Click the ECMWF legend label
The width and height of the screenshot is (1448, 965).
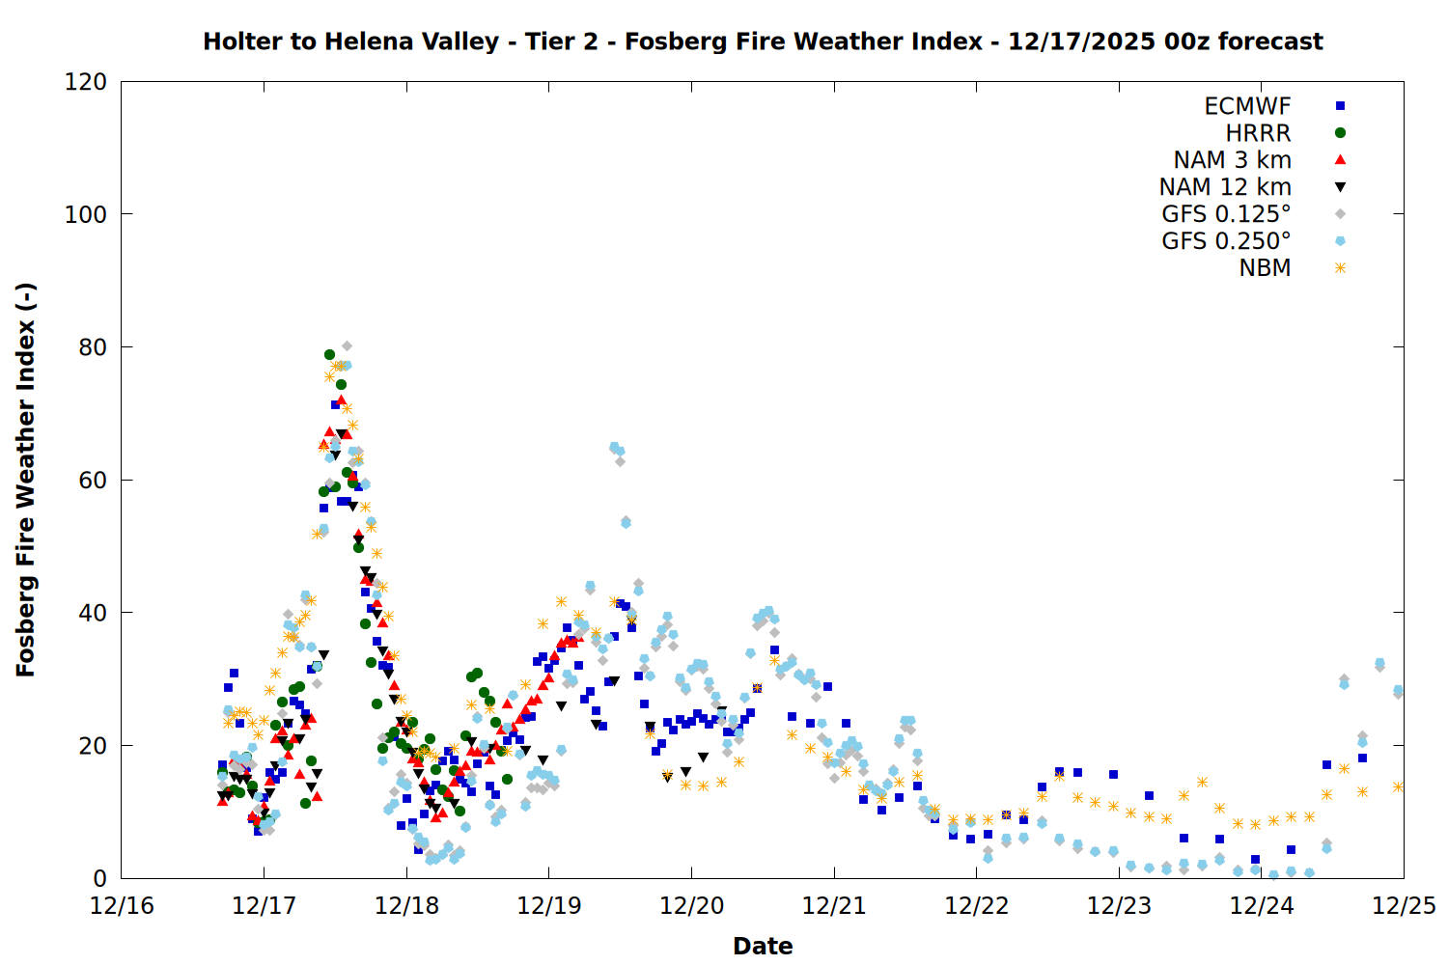(x=1247, y=106)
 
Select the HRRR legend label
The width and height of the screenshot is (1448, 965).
(x=1258, y=133)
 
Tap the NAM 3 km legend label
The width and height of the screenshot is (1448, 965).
(x=1232, y=160)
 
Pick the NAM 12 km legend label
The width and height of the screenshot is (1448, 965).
(x=1225, y=187)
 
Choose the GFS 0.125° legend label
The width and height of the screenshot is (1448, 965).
(x=1226, y=214)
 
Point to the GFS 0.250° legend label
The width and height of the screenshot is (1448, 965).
(x=1226, y=241)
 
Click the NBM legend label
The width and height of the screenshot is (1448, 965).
(x=1265, y=268)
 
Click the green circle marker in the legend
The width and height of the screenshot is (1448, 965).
(x=1340, y=133)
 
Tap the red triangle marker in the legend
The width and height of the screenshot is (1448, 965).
(x=1340, y=159)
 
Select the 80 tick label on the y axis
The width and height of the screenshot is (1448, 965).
(x=93, y=347)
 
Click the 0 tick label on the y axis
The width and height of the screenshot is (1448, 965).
(x=99, y=878)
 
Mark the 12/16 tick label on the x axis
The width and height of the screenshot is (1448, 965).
(x=122, y=906)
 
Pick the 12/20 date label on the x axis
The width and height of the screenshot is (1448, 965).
(x=691, y=906)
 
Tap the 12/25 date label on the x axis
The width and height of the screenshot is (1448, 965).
(x=1404, y=906)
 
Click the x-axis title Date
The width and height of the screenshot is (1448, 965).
(x=763, y=946)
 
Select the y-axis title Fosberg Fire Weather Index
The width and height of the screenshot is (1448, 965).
(x=26, y=480)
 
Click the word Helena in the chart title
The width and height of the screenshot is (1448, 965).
(x=364, y=42)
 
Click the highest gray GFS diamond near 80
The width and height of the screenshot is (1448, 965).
(x=347, y=345)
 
